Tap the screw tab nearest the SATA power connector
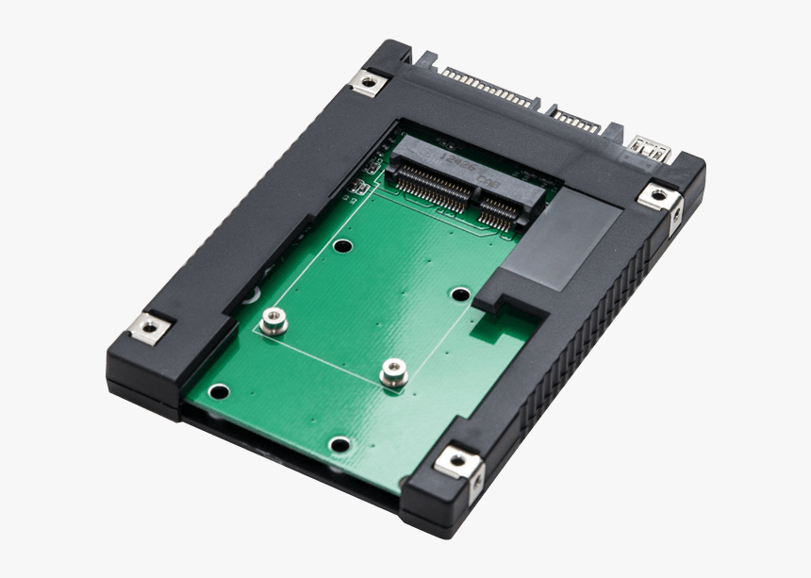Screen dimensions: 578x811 [366, 81]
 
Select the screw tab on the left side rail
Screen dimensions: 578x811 [148, 327]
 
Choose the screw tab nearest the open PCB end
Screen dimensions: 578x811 [457, 460]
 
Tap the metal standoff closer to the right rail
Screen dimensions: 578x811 [393, 373]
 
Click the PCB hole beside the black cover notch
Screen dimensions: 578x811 [460, 295]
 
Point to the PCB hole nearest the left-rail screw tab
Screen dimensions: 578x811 [219, 391]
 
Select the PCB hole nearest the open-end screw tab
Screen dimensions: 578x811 [339, 444]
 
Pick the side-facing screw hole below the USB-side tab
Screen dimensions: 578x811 [676, 217]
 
